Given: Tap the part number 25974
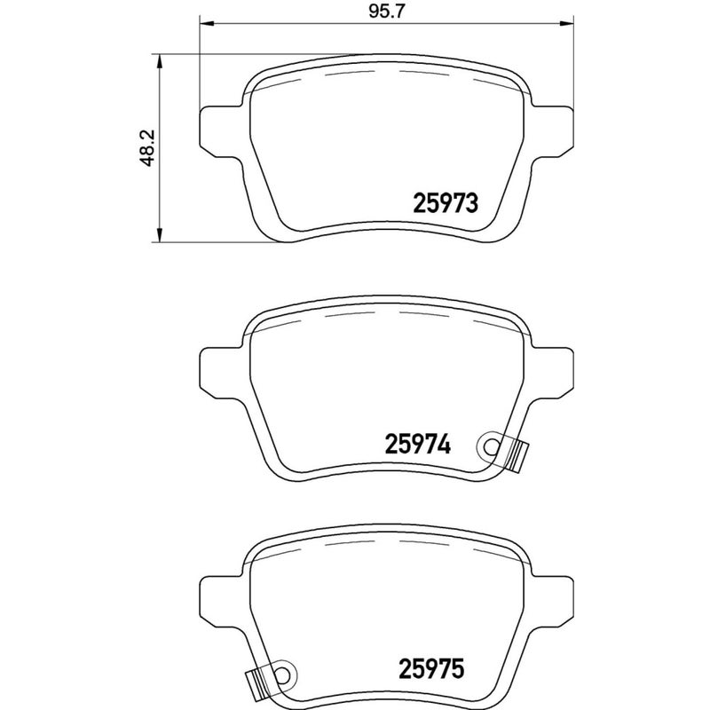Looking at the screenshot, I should [419, 443].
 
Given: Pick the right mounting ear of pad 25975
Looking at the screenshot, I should [551, 599].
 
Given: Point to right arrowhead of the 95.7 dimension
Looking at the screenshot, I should [567, 25].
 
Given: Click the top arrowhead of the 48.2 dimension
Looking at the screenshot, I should [158, 59].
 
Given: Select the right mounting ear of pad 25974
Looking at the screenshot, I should [551, 367].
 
